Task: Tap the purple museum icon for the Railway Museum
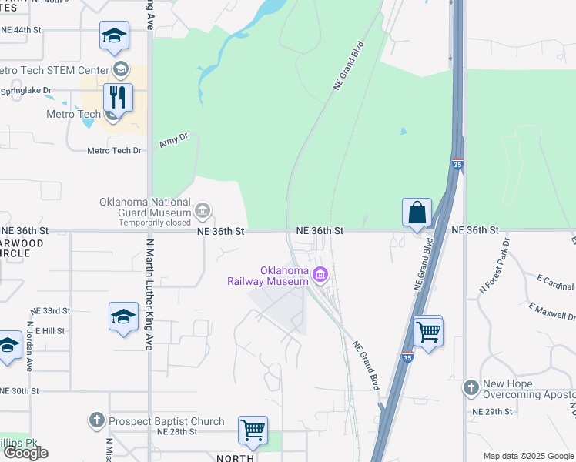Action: click(x=321, y=275)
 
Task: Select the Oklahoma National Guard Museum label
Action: click(x=145, y=207)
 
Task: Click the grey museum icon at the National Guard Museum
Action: click(x=202, y=210)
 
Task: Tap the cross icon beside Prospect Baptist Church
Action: click(x=96, y=420)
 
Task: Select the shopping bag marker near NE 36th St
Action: click(x=417, y=213)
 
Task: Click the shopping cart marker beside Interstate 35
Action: click(x=428, y=332)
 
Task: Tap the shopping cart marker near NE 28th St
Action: click(x=252, y=430)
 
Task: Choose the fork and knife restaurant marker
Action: click(x=118, y=98)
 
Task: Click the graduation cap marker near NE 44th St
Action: click(x=114, y=36)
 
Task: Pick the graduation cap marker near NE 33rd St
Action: click(x=123, y=317)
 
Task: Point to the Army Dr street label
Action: click(x=173, y=141)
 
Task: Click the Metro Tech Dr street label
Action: click(x=115, y=151)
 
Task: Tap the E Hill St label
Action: click(x=49, y=330)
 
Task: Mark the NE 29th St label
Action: click(x=493, y=412)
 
